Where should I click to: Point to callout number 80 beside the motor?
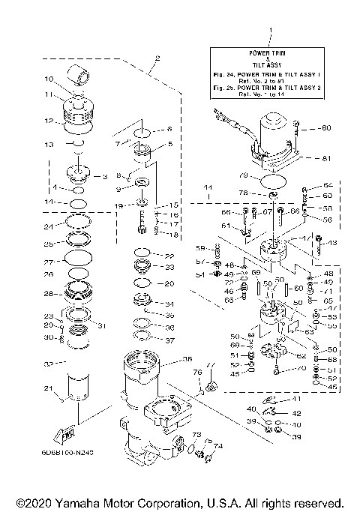pyautogui.click(x=325, y=127)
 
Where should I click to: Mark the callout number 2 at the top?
pyautogui.click(x=157, y=58)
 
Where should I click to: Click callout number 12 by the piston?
pyautogui.click(x=49, y=121)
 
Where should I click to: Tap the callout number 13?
pyautogui.click(x=48, y=143)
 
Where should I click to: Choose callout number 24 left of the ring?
pyautogui.click(x=48, y=226)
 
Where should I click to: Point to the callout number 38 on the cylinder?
pyautogui.click(x=187, y=358)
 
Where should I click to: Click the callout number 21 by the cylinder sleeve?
pyautogui.click(x=48, y=388)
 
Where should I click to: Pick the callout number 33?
pyautogui.click(x=169, y=267)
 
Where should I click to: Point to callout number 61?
pyautogui.click(x=226, y=226)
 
